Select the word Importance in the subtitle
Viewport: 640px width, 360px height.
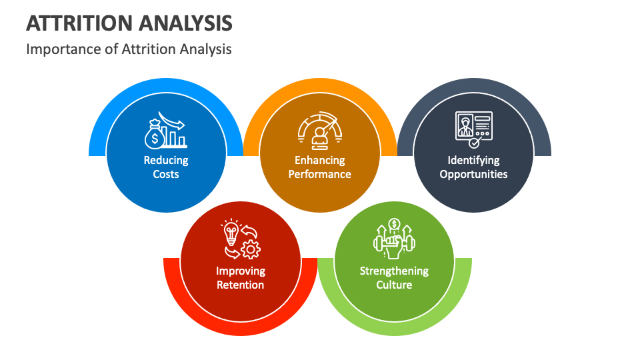click(x=59, y=49)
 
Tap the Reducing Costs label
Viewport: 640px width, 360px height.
click(x=166, y=167)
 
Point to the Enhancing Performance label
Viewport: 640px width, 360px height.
click(x=320, y=167)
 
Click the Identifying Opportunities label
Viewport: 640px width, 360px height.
click(x=473, y=167)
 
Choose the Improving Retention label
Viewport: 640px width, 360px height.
click(x=240, y=278)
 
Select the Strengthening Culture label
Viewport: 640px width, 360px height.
click(x=394, y=278)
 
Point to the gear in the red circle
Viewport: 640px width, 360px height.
click(x=251, y=249)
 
